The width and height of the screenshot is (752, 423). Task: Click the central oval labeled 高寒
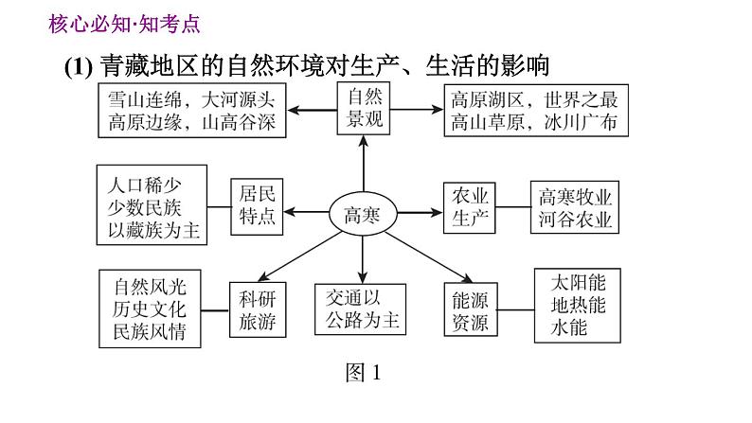[x=362, y=214]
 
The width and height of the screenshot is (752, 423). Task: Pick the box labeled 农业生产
[x=471, y=207]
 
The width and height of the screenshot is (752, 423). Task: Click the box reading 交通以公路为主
[x=361, y=308]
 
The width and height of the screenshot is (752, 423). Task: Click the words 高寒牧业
[x=576, y=197]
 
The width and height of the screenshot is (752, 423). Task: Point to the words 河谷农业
[x=576, y=220]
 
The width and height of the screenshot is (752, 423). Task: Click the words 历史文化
[x=150, y=308]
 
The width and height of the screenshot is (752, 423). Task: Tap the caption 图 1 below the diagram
[x=363, y=373]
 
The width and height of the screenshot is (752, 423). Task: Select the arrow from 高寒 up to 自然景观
[x=363, y=166]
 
